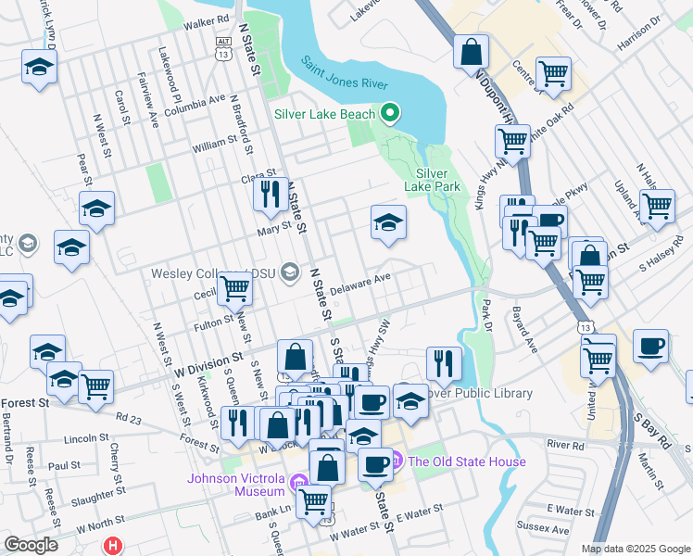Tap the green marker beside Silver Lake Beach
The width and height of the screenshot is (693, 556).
coord(390,115)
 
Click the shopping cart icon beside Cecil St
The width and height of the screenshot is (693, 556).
coord(235,289)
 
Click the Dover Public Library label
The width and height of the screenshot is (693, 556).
coord(478,393)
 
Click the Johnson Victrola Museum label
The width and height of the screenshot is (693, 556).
coord(235,485)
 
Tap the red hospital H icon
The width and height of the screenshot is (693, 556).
coord(114,546)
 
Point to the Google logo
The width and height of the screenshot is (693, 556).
coord(31,545)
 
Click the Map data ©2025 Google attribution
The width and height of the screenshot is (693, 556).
coord(635,549)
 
